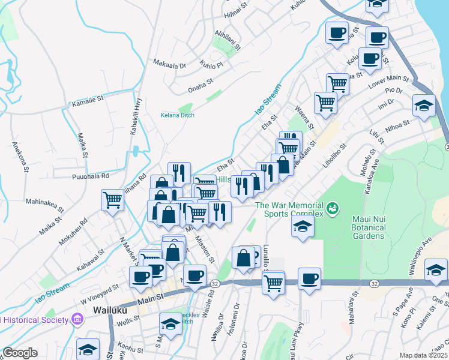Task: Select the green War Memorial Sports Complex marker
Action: click(x=332, y=209)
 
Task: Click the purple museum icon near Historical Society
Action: click(x=77, y=319)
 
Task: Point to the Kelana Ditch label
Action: click(x=177, y=115)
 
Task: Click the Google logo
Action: click(x=20, y=352)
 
